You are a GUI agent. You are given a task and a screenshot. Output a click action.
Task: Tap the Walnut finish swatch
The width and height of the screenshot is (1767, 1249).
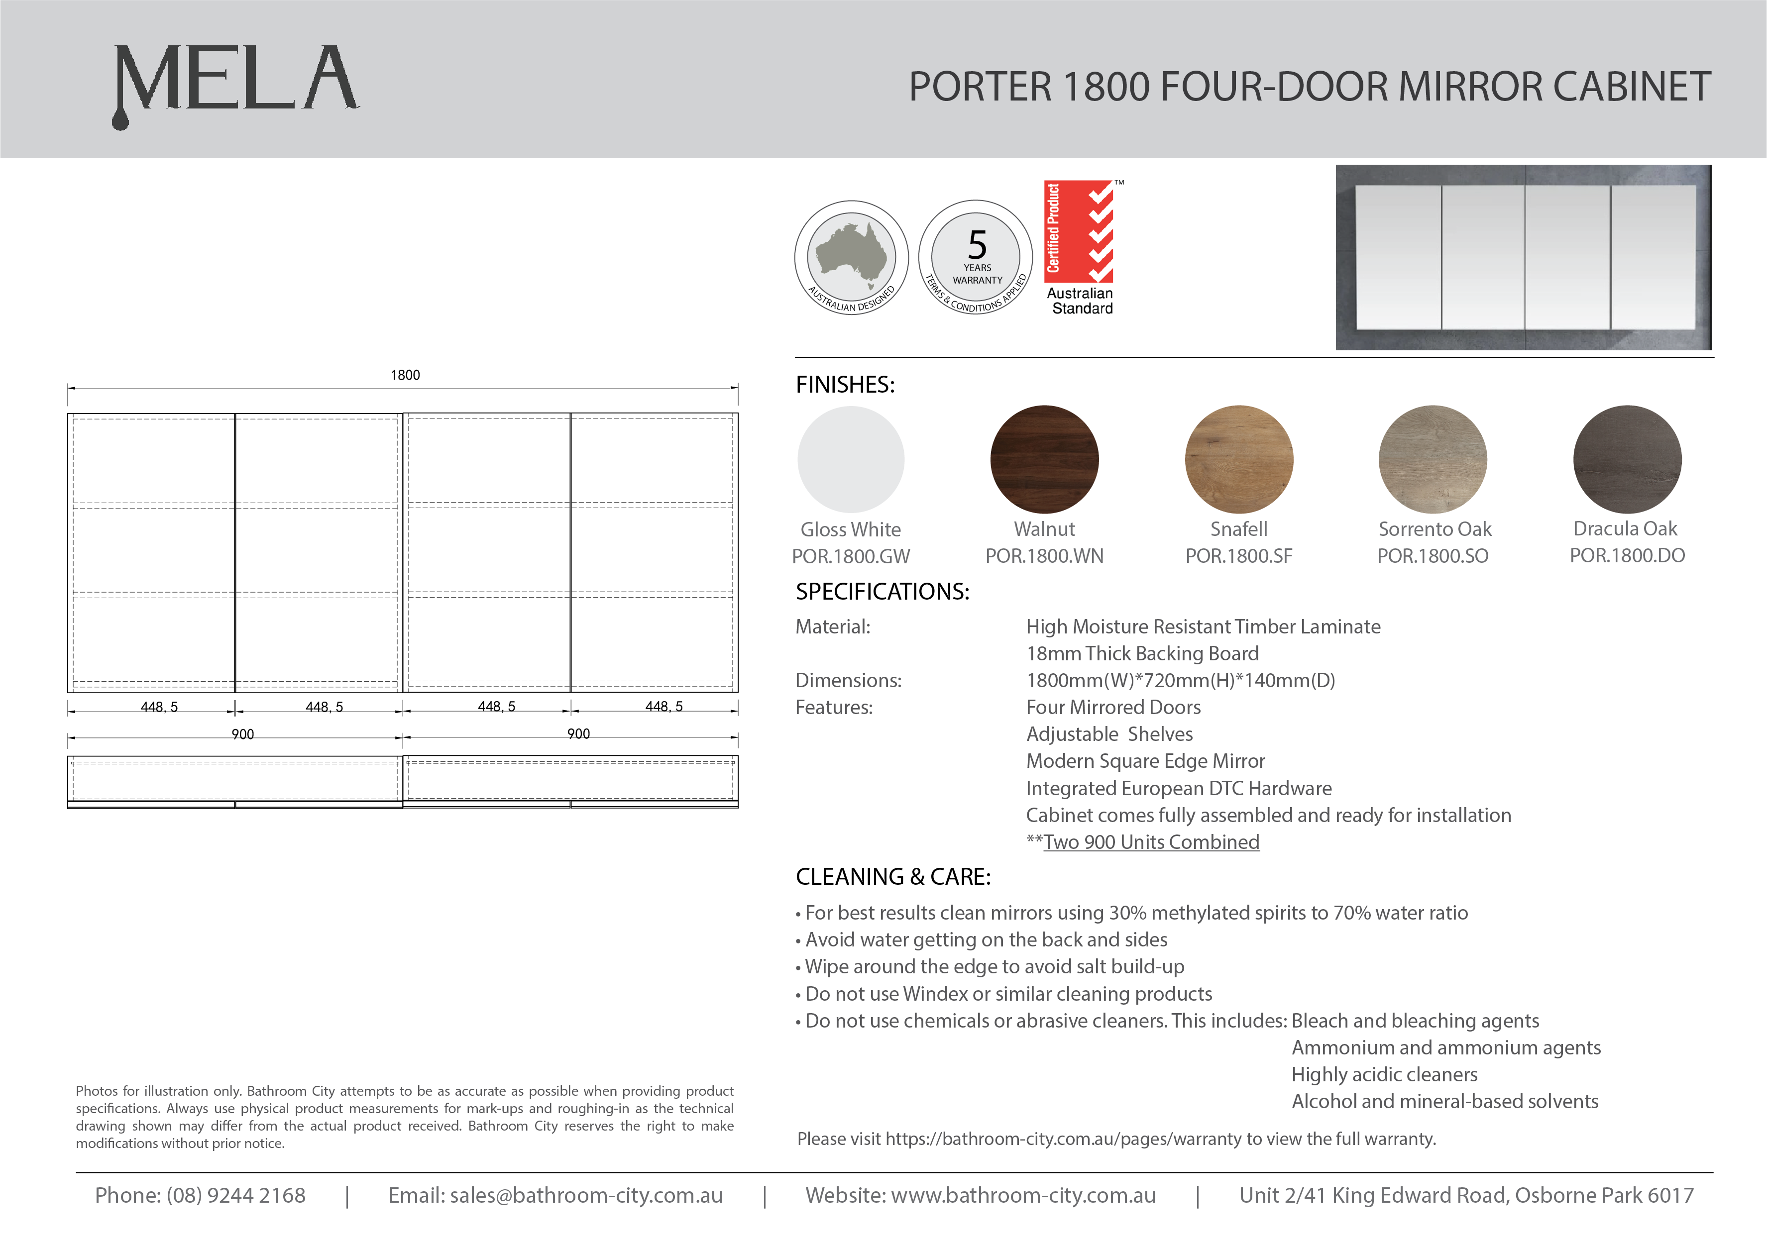pos(1044,459)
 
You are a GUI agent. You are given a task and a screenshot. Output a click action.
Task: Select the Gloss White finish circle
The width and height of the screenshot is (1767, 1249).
pos(851,459)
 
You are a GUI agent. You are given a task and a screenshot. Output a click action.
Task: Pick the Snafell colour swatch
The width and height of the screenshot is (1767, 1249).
pos(1238,459)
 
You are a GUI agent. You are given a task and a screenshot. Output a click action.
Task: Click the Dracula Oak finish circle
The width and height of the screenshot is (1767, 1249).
pos(1627,459)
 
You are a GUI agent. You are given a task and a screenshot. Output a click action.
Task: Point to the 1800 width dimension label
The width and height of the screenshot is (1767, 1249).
pos(405,375)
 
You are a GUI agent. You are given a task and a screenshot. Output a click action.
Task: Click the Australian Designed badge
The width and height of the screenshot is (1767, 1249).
pos(851,258)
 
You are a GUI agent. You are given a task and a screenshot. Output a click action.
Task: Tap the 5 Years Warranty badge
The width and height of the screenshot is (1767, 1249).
pos(976,258)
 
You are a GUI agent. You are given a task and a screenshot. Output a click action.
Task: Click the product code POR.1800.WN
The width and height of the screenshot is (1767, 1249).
pos(1044,556)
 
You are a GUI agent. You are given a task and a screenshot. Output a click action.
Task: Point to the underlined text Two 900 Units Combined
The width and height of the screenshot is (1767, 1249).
pos(1151,842)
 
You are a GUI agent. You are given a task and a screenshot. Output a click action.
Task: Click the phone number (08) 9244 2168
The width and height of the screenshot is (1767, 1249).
pos(235,1195)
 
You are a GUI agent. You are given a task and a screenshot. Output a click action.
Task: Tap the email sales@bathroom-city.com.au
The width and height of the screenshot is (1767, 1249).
pos(586,1195)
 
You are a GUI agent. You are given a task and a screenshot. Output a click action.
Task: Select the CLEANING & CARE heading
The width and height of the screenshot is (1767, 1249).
pos(893,876)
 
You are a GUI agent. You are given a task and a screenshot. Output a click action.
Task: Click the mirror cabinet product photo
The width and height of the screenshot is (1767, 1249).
pos(1523,258)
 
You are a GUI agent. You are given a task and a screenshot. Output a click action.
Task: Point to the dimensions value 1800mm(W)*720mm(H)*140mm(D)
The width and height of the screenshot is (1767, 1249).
pos(1181,680)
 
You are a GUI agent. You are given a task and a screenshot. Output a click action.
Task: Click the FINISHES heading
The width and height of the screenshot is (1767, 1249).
pos(845,385)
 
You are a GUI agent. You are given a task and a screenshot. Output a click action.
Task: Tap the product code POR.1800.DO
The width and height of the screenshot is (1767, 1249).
pos(1627,556)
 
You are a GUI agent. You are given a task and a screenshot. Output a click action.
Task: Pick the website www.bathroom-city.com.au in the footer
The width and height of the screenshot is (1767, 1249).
pos(1023,1195)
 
